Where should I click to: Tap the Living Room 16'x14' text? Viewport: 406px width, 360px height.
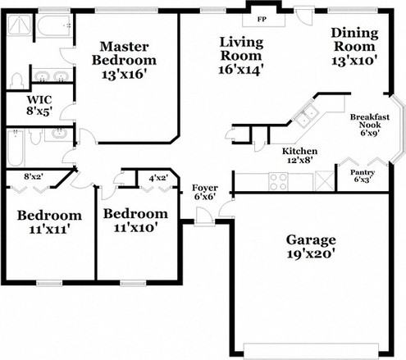pos(239,56)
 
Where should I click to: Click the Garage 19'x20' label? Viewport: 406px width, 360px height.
pos(311,248)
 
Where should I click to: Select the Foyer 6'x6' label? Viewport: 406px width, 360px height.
pos(204,193)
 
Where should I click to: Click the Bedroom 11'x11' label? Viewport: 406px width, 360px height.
pos(49,222)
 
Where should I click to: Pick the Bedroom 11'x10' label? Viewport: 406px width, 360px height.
pos(135,221)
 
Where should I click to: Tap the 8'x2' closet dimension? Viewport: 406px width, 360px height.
pos(34,175)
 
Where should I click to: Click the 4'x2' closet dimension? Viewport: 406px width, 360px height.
pos(158,176)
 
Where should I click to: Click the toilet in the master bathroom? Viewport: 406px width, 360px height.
pos(16,80)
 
